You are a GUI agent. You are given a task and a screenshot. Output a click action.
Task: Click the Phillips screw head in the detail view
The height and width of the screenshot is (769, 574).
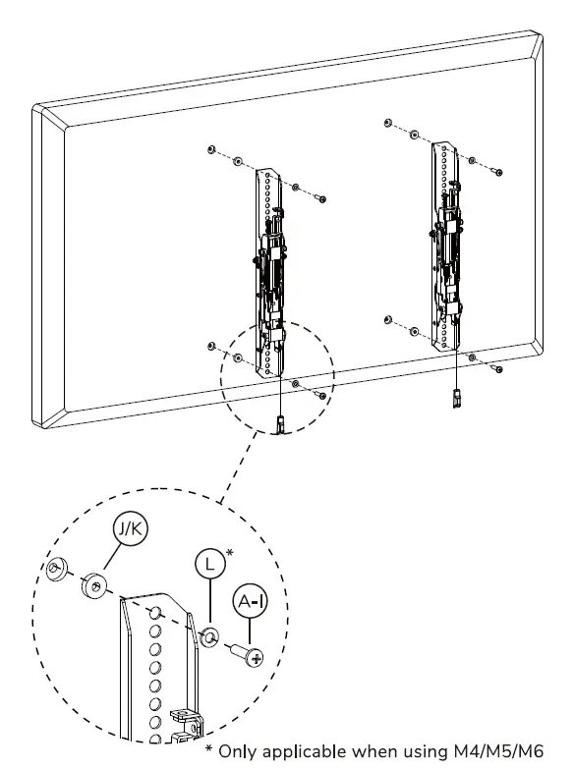[x=257, y=658]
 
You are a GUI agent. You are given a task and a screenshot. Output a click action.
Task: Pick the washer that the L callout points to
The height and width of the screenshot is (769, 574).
[x=208, y=637]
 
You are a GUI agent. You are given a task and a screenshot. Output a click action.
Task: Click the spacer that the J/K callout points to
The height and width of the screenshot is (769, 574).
[x=95, y=585]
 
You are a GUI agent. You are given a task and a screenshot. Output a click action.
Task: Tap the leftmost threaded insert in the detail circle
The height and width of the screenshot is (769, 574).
[x=57, y=567]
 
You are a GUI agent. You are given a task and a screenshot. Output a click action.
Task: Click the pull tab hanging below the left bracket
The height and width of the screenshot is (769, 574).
[x=281, y=426]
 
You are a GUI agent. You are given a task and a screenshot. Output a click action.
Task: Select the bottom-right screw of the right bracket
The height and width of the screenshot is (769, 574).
[x=499, y=369]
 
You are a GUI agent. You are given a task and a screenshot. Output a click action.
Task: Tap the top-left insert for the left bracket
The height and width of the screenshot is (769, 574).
[x=211, y=148]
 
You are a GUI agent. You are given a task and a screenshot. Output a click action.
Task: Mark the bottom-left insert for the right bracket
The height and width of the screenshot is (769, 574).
[x=390, y=320]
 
